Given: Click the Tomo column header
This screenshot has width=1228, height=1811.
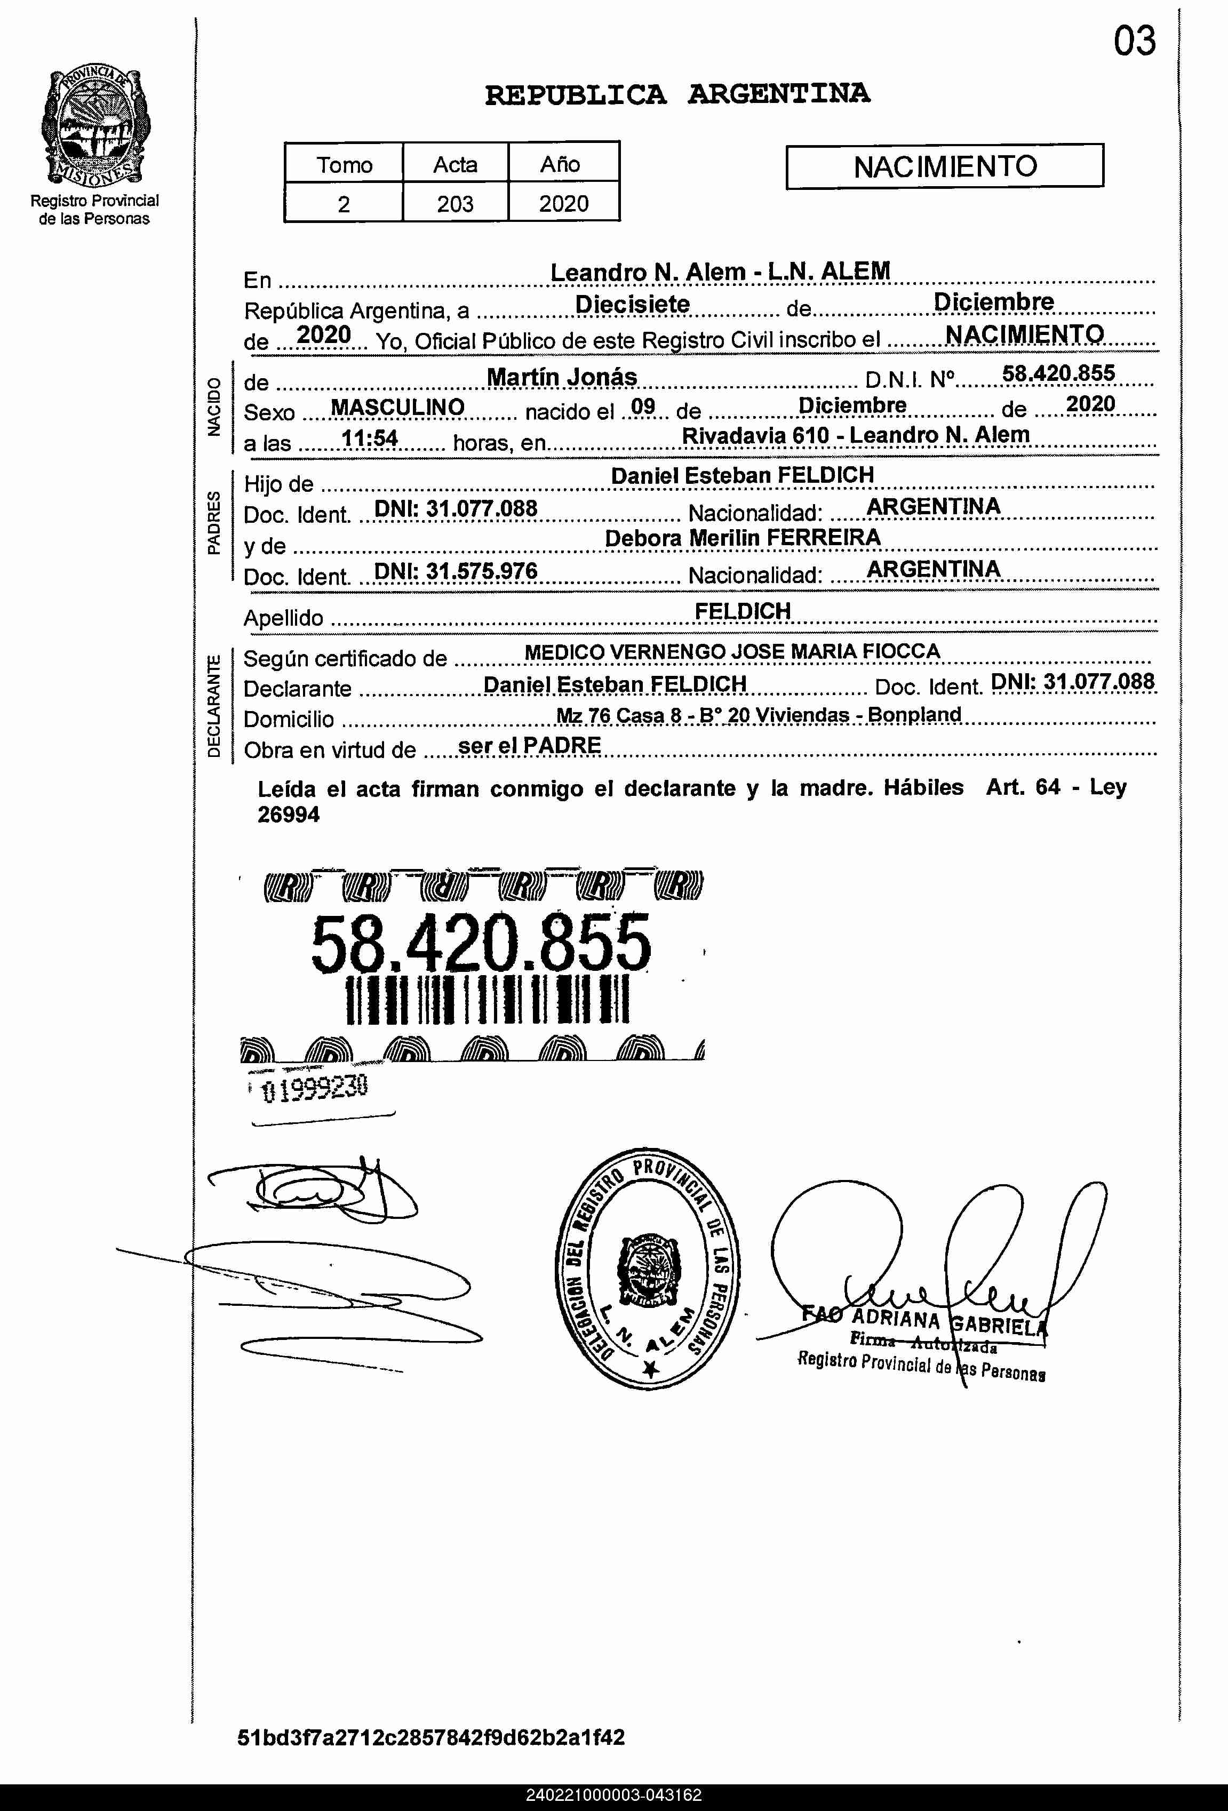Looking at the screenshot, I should pyautogui.click(x=344, y=164).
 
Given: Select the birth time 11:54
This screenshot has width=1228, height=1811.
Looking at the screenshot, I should pyautogui.click(x=370, y=438).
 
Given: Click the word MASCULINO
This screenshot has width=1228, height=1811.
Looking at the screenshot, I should pyautogui.click(x=397, y=407).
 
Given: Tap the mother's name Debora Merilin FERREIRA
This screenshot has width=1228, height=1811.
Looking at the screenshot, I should pyautogui.click(x=743, y=538).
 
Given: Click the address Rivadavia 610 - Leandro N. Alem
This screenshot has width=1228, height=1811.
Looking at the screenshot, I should pyautogui.click(x=856, y=435).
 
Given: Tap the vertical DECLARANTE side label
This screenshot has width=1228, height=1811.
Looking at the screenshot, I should pyautogui.click(x=213, y=707).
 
